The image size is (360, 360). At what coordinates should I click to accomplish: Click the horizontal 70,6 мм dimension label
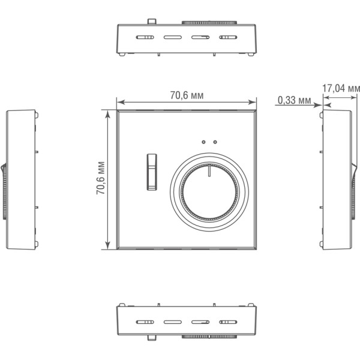click(187, 95)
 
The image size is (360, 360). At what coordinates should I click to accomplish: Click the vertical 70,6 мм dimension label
click(101, 178)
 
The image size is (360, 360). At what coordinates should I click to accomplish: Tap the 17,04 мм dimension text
click(341, 88)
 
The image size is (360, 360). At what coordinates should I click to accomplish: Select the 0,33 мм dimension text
click(295, 100)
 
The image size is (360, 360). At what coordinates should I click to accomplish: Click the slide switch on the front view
click(152, 172)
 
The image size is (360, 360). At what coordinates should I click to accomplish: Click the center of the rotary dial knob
click(209, 192)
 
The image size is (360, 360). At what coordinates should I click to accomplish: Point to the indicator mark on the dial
click(209, 171)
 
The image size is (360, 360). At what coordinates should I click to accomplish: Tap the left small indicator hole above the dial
click(203, 142)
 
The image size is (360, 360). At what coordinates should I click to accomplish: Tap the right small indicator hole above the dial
click(215, 142)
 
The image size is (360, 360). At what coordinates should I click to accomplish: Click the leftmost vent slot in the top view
click(145, 37)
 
